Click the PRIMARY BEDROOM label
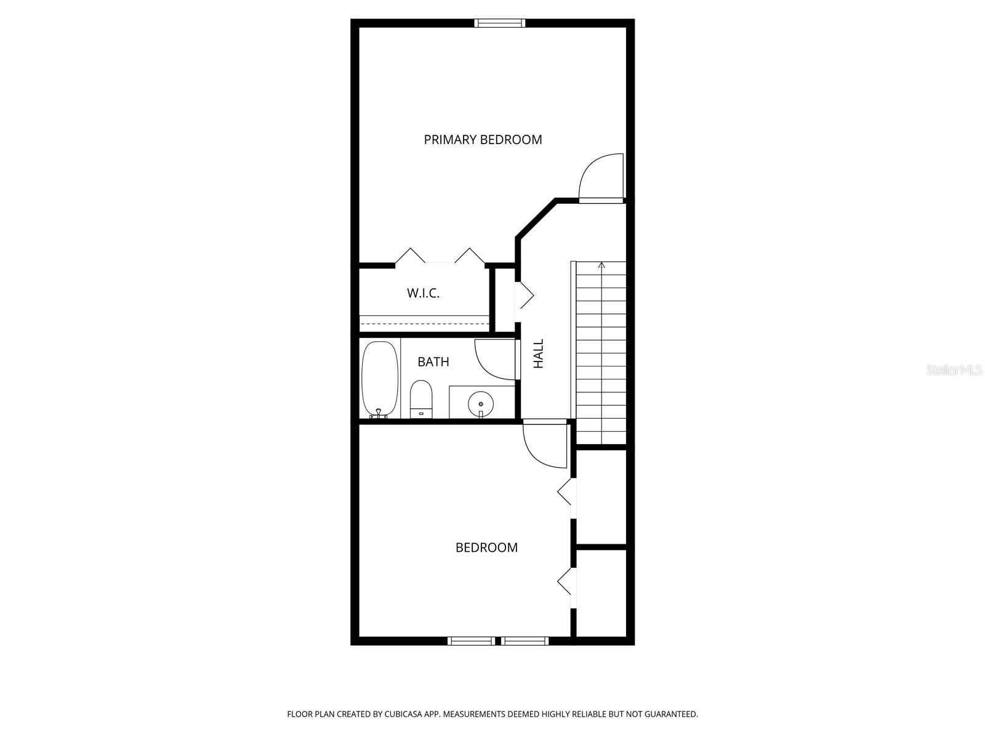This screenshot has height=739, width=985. (x=483, y=140)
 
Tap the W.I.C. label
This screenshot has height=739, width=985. (x=423, y=293)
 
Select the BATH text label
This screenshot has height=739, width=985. (x=433, y=361)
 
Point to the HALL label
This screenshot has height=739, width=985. (x=539, y=353)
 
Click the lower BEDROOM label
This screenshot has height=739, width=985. (x=486, y=547)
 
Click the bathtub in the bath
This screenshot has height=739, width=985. (x=380, y=379)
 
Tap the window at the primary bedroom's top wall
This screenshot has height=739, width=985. (x=500, y=23)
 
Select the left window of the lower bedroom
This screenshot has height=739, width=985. (x=471, y=641)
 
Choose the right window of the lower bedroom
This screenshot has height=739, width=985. (x=525, y=641)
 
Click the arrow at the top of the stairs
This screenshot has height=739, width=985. (x=601, y=265)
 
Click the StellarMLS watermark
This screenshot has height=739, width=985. (x=954, y=370)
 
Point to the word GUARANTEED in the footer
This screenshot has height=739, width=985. (x=671, y=714)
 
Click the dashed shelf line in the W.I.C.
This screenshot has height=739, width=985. (x=424, y=323)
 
